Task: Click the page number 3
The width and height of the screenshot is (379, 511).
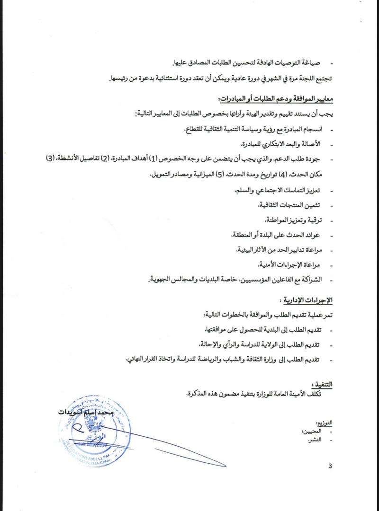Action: click(x=330, y=466)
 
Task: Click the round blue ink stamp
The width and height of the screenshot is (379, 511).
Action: click(x=94, y=428)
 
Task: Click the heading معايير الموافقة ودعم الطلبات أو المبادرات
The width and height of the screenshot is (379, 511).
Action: click(x=275, y=100)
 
